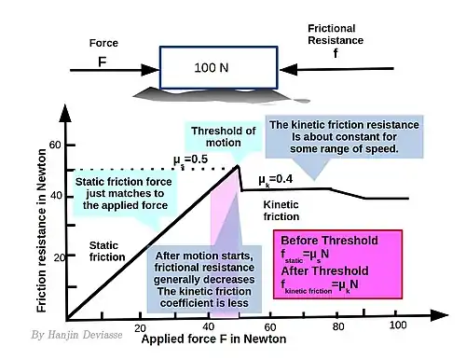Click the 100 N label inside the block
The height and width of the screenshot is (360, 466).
click(x=212, y=68)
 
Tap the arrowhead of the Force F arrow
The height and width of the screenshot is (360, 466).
click(x=150, y=70)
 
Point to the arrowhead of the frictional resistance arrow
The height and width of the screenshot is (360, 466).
click(x=289, y=69)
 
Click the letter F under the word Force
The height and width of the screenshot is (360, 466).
click(x=103, y=62)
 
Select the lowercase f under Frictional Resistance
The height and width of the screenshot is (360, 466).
click(x=336, y=53)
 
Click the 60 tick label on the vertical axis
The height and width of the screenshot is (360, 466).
click(x=55, y=145)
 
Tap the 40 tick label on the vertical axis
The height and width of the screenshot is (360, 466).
click(x=56, y=196)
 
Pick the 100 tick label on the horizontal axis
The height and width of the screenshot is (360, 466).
click(x=398, y=325)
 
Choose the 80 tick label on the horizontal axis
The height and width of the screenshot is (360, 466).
click(x=338, y=326)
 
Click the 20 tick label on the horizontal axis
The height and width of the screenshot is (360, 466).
click(x=140, y=328)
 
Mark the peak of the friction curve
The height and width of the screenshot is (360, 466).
click(x=238, y=166)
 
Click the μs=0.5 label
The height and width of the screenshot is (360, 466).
click(x=190, y=160)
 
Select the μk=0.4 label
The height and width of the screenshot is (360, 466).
click(x=276, y=180)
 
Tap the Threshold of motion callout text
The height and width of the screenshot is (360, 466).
click(x=224, y=137)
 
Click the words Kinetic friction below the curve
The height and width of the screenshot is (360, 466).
click(x=281, y=211)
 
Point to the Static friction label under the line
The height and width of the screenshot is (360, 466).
click(x=107, y=251)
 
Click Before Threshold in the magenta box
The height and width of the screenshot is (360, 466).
click(x=329, y=241)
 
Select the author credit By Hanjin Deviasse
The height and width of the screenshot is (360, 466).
click(x=76, y=335)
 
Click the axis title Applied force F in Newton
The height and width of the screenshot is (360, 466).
click(x=213, y=339)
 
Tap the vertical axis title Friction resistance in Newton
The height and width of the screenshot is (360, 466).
click(x=42, y=230)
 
